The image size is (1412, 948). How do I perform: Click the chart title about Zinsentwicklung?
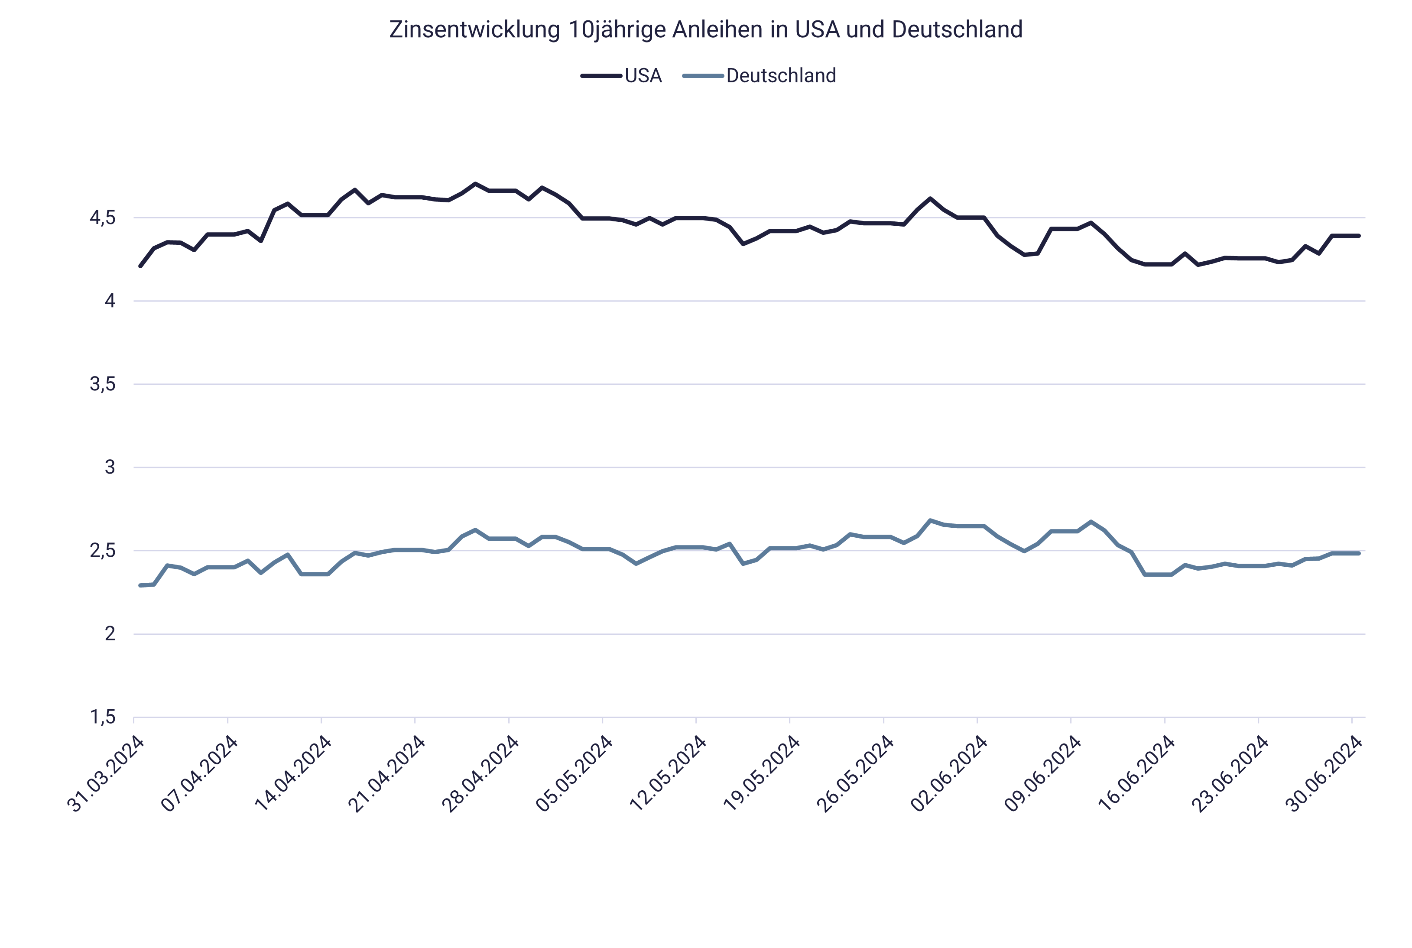click(x=705, y=29)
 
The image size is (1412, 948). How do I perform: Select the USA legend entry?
click(x=643, y=75)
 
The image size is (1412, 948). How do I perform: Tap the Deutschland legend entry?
click(x=780, y=75)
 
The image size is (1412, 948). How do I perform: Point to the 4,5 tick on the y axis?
click(x=102, y=218)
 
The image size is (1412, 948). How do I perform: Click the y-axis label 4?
click(x=110, y=301)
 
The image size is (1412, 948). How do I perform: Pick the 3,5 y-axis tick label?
click(x=102, y=384)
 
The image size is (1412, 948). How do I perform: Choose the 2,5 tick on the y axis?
click(x=102, y=551)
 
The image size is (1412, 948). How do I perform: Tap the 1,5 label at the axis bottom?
click(x=102, y=717)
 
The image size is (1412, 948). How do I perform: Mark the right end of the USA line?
click(x=1359, y=236)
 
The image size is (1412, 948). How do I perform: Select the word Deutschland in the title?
click(x=957, y=29)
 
